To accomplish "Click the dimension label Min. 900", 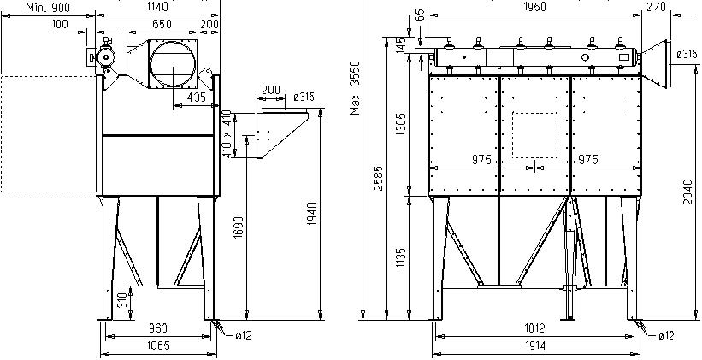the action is click(47, 7).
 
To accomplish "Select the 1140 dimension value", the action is click(157, 7).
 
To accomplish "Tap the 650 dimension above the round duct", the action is click(162, 24).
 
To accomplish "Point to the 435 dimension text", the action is click(196, 97).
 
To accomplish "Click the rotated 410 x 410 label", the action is click(228, 134).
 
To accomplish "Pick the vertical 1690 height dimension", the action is click(239, 227).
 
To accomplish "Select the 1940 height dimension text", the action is click(312, 214).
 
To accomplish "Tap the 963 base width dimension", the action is click(158, 328).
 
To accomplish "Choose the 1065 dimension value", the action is click(158, 345).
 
